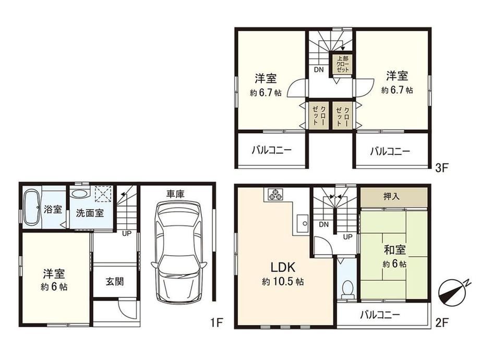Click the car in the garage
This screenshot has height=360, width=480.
pos(178,251)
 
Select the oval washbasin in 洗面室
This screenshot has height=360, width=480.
pos(79,194)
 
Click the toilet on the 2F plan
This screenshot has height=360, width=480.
pos(347,289)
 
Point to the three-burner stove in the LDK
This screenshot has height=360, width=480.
pos(275,195)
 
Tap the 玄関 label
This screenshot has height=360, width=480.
pos(115,281)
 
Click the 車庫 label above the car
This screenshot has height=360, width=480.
pos(175,194)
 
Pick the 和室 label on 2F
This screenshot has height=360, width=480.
pos(395,250)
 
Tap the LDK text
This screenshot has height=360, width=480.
pos(283,267)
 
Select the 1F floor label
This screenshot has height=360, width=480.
pos(216,322)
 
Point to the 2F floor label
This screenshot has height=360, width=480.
pos(442,322)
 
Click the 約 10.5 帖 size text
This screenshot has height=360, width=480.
pos(283,281)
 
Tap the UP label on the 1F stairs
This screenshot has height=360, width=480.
pos(127,234)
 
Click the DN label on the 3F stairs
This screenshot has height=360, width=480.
pos(319,69)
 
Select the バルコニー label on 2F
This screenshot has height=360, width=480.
pos(380,315)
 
